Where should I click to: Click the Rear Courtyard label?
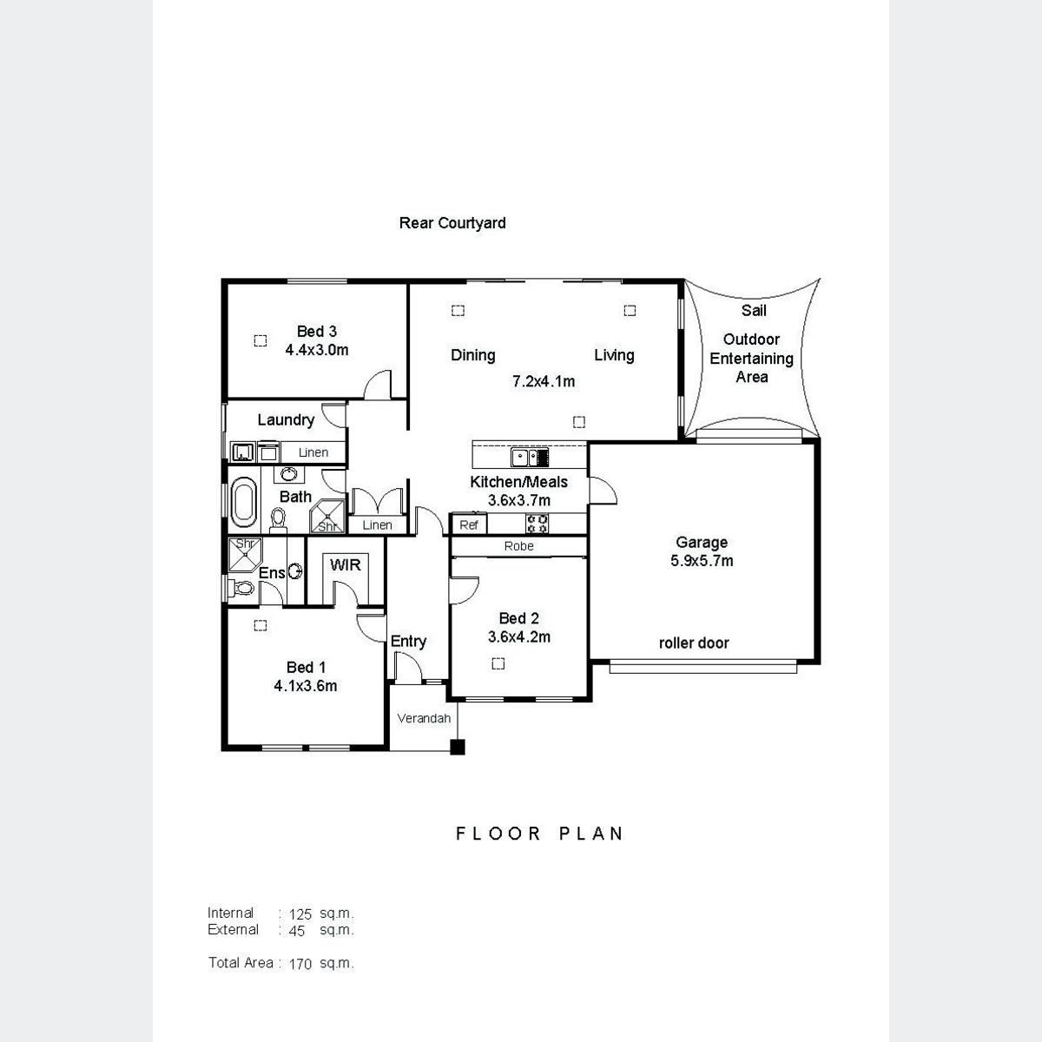click(x=452, y=223)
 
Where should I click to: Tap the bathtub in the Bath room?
click(x=243, y=502)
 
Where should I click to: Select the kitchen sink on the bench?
click(x=530, y=458)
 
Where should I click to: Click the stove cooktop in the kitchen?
click(x=537, y=524)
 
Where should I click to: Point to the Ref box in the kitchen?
click(x=468, y=524)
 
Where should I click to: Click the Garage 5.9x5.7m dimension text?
click(x=702, y=561)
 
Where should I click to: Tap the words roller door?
click(x=694, y=643)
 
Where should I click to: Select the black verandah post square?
click(x=458, y=747)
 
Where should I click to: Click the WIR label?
click(x=345, y=565)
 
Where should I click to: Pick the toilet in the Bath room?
click(x=278, y=520)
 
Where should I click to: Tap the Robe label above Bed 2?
click(x=518, y=546)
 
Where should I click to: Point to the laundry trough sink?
click(x=242, y=452)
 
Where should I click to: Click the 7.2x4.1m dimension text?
click(x=544, y=381)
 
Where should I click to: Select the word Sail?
click(x=754, y=310)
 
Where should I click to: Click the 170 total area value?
click(x=300, y=964)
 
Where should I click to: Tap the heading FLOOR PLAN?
click(x=539, y=834)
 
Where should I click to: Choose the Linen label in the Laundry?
click(x=313, y=452)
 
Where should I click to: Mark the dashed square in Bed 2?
click(x=498, y=663)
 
